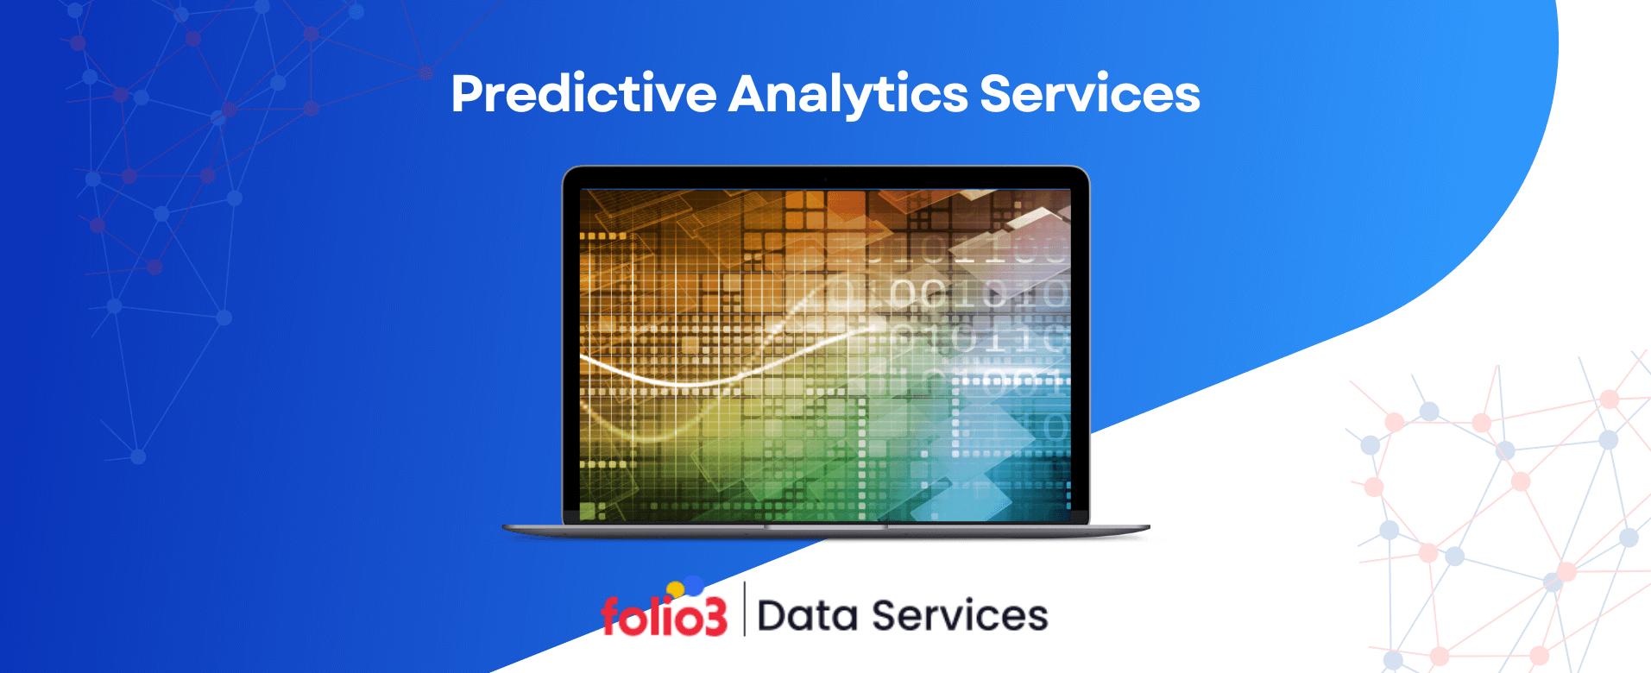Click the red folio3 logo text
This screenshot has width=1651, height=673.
[x=664, y=616]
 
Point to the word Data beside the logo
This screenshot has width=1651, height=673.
[x=808, y=616]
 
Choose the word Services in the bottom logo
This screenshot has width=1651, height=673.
[x=960, y=616]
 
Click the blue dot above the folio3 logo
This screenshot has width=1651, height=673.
[x=693, y=586]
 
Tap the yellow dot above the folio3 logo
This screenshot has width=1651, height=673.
[x=675, y=589]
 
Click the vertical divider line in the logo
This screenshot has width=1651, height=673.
[x=744, y=609]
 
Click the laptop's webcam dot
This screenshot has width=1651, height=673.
[x=825, y=179]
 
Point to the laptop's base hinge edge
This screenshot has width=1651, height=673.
[x=826, y=528]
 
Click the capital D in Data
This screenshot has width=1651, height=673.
[x=772, y=616]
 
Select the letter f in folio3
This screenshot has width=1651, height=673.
[x=610, y=616]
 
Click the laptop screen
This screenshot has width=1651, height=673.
[x=825, y=354]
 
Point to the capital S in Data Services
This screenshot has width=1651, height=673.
[x=885, y=616]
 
